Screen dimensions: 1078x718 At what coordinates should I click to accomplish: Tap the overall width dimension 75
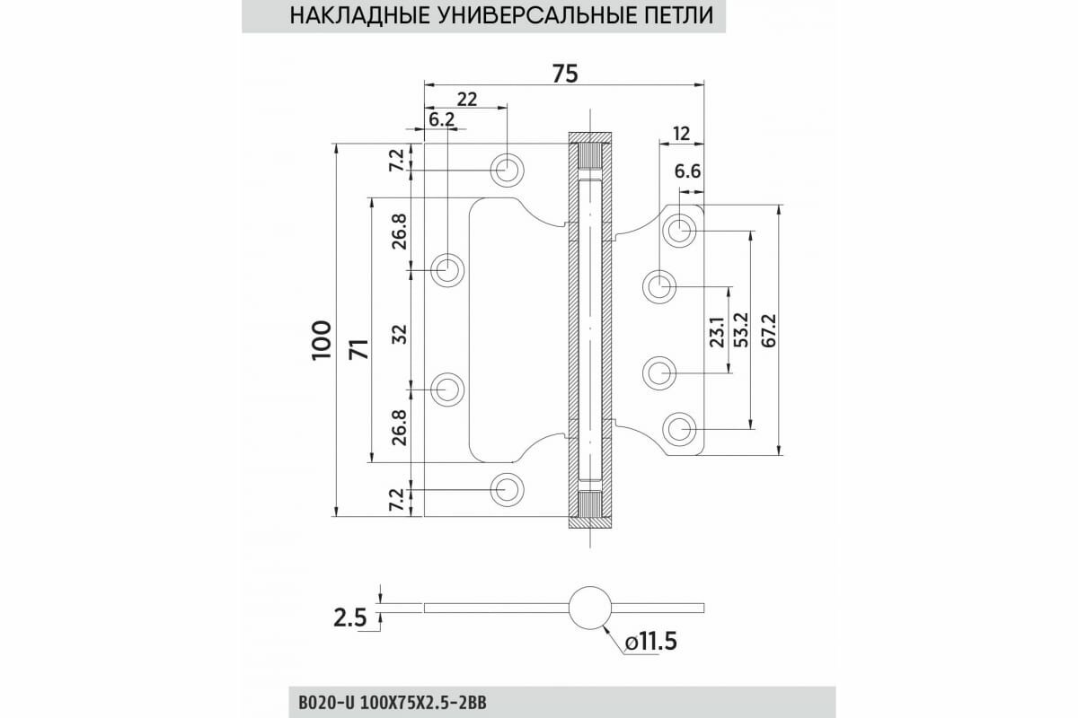pos(564,74)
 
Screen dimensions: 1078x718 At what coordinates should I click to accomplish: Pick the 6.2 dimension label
pos(442,119)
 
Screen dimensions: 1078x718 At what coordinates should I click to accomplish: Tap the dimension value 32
pos(400,334)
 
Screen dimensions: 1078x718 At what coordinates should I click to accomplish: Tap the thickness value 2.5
pos(351,617)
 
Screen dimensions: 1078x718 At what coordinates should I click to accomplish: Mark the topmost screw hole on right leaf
pos(679,230)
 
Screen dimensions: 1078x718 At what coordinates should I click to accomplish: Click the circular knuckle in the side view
pos(589,607)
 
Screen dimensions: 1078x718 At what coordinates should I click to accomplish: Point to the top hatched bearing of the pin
pos(590,156)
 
